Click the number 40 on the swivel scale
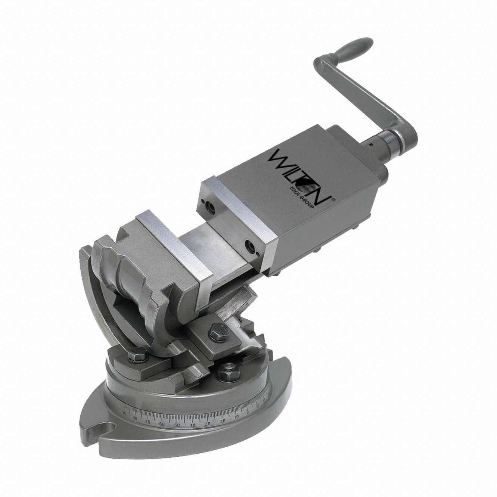pyautogui.click(x=193, y=425)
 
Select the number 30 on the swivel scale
pyautogui.click(x=208, y=423)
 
